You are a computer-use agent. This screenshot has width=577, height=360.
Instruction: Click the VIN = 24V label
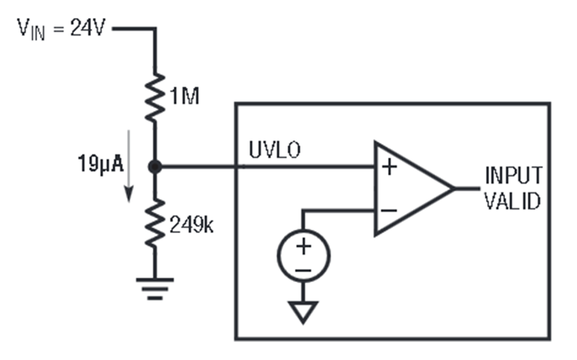click(62, 29)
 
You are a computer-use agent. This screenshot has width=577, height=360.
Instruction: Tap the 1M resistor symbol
click(155, 97)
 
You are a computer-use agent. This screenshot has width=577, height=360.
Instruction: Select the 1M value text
click(185, 96)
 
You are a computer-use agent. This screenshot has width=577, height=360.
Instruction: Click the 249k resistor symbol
click(155, 223)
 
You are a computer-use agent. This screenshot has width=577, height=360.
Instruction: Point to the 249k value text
click(191, 224)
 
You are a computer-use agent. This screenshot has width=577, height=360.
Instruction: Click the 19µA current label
click(101, 164)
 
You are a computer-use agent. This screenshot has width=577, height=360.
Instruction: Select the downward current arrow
click(128, 166)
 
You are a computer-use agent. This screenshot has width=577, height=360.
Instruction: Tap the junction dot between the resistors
click(155, 167)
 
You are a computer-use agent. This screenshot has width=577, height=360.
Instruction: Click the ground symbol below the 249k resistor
click(155, 289)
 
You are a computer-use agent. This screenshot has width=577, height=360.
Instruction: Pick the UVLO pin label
click(275, 150)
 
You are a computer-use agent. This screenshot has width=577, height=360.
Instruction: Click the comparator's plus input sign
click(389, 167)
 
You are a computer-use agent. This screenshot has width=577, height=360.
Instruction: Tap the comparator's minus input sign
click(389, 210)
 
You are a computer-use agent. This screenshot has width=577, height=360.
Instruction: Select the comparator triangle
click(414, 188)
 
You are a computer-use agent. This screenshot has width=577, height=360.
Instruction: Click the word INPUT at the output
click(514, 176)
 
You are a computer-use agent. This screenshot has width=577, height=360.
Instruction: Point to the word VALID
click(512, 201)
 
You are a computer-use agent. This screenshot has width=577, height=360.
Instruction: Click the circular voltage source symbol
click(304, 256)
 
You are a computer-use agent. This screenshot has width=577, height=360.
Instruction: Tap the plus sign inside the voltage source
click(304, 246)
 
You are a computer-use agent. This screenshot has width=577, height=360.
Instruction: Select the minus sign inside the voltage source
click(304, 271)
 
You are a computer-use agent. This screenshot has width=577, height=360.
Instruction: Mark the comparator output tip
click(455, 188)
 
